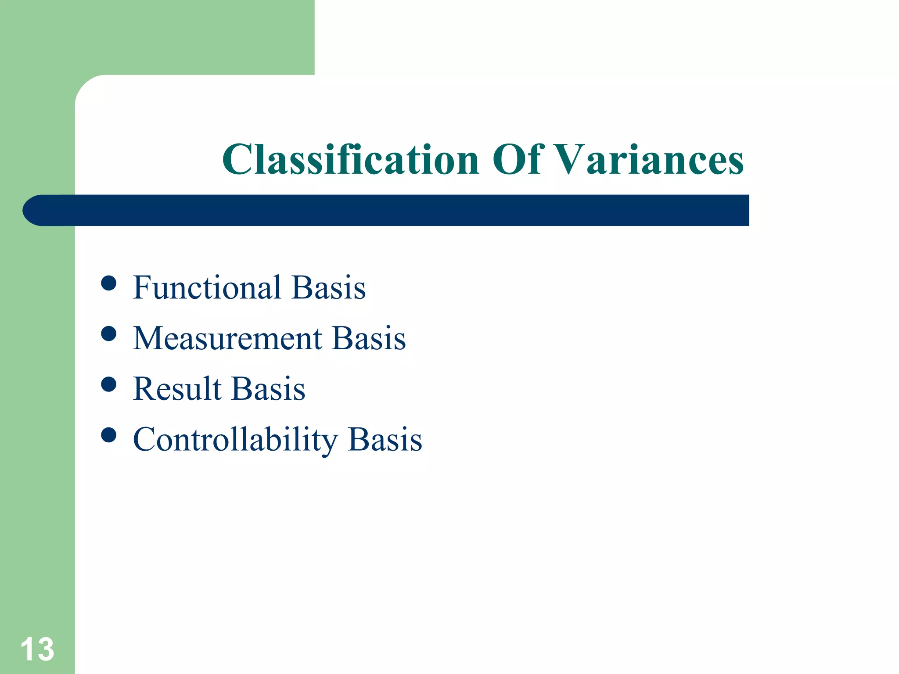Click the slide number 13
(x=37, y=649)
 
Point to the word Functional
(x=207, y=288)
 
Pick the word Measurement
(x=227, y=339)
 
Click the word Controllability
(x=235, y=440)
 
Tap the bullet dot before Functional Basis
(x=108, y=283)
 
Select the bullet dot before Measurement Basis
(x=108, y=334)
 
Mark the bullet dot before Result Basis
(x=108, y=384)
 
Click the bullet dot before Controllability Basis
(x=108, y=435)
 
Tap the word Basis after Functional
(x=328, y=288)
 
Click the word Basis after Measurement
(x=369, y=339)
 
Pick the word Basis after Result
(x=268, y=389)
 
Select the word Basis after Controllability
(x=385, y=440)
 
